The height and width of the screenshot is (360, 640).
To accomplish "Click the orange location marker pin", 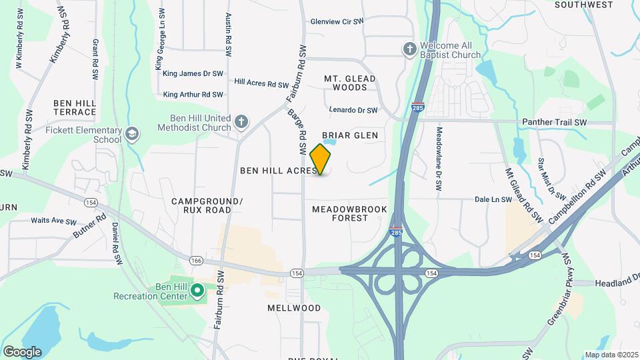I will [321, 159].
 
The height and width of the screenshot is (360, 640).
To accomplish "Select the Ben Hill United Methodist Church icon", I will [241, 122].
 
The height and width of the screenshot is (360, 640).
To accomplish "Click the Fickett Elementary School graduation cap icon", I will [132, 135].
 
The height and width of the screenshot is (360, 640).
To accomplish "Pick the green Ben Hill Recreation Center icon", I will [197, 291].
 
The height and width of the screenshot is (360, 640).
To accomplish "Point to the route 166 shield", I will [196, 260].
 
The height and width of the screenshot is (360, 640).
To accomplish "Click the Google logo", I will [22, 351].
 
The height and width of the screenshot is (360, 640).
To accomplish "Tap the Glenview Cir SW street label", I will [337, 21].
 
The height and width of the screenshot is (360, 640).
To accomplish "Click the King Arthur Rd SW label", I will [193, 95].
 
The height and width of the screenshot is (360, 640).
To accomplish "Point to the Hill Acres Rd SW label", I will [261, 84].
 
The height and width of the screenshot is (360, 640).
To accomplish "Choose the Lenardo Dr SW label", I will [353, 110].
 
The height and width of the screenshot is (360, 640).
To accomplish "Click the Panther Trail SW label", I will [554, 123].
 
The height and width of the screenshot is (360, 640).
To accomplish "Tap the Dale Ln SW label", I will [493, 199].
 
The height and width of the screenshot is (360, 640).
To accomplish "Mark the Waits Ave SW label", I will [53, 221].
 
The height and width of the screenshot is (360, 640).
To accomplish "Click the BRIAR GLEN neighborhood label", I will [350, 135].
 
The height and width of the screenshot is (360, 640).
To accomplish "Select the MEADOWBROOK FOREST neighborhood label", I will [340, 213].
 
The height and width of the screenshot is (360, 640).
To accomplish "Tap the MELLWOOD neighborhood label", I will [294, 308].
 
